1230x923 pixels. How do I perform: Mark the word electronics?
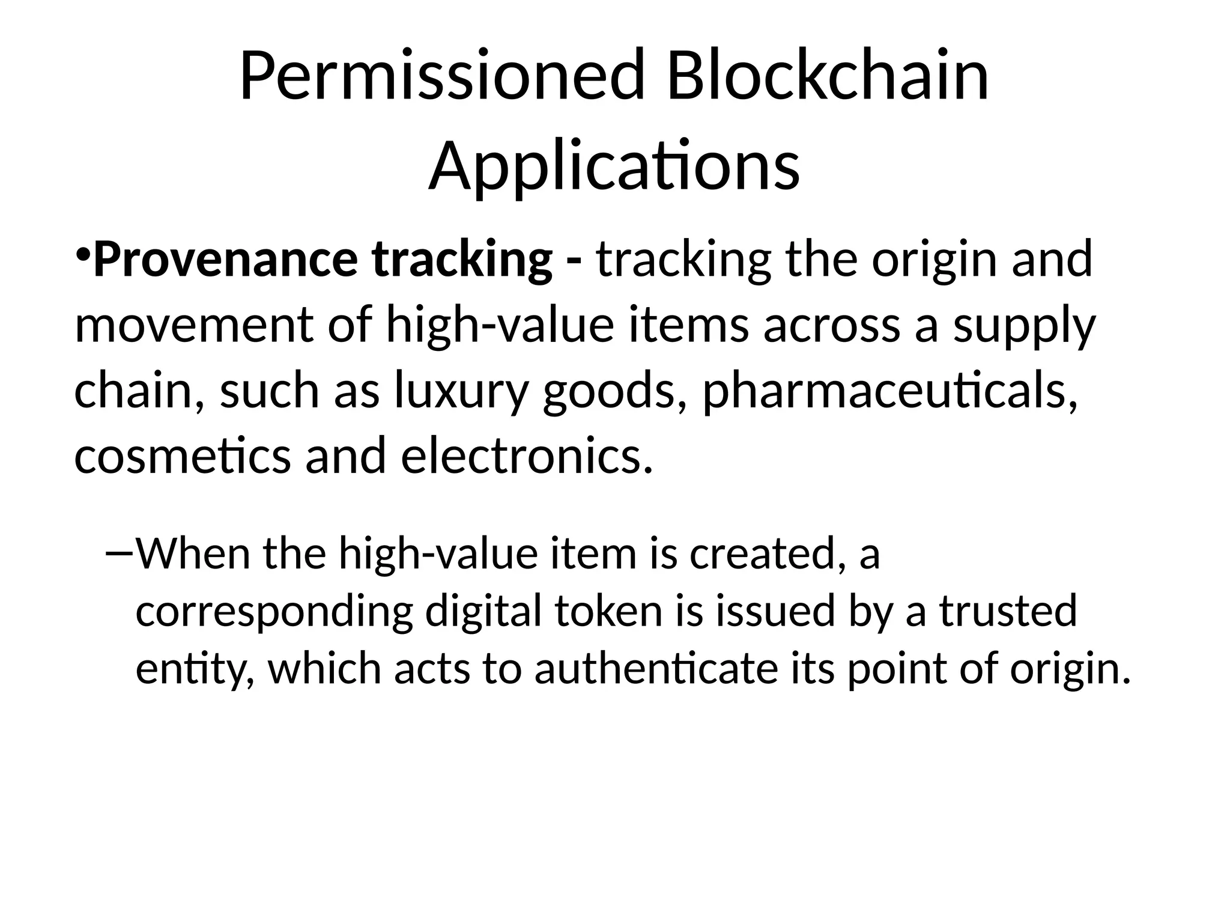pyautogui.click(x=526, y=456)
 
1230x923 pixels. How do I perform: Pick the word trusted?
pyautogui.click(x=1009, y=611)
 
